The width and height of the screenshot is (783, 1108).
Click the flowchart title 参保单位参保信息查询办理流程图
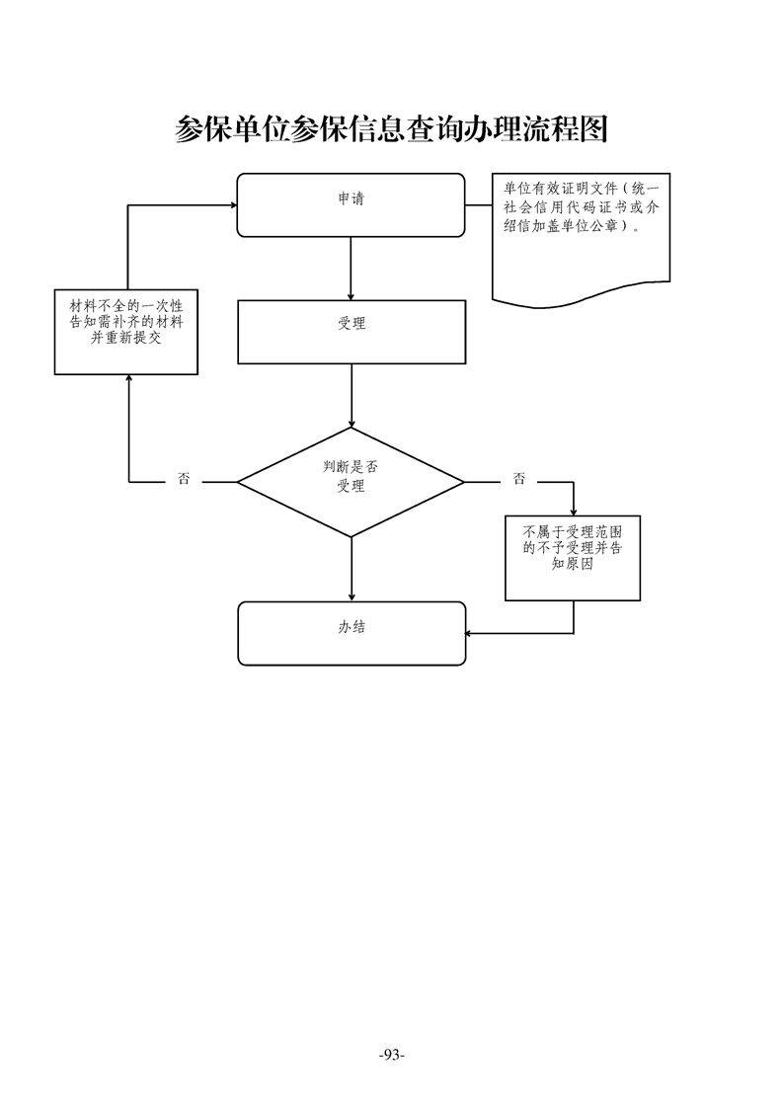click(x=391, y=128)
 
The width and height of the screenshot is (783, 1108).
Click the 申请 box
click(x=351, y=205)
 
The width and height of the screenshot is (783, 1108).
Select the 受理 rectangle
click(x=351, y=332)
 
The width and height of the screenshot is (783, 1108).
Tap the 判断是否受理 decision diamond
click(x=351, y=482)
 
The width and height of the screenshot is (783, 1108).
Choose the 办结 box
click(x=351, y=633)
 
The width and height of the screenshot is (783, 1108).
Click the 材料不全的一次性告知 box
click(x=126, y=332)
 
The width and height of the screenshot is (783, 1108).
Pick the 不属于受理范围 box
click(x=573, y=558)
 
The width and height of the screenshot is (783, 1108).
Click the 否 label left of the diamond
click(x=184, y=480)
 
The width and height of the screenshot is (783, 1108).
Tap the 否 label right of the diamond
click(x=519, y=480)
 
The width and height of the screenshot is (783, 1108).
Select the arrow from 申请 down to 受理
click(x=352, y=267)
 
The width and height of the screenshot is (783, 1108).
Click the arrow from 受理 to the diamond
click(x=352, y=395)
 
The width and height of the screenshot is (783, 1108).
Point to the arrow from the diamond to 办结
click(x=352, y=569)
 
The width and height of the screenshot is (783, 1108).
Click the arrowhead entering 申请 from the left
click(x=233, y=205)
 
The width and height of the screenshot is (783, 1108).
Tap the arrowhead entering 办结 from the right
click(x=469, y=633)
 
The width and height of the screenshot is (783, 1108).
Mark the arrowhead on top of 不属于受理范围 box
click(x=574, y=511)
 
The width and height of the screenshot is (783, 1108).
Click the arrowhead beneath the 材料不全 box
click(x=128, y=380)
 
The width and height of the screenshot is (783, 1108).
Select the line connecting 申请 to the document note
click(x=479, y=205)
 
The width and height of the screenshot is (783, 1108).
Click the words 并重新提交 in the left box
click(x=126, y=337)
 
